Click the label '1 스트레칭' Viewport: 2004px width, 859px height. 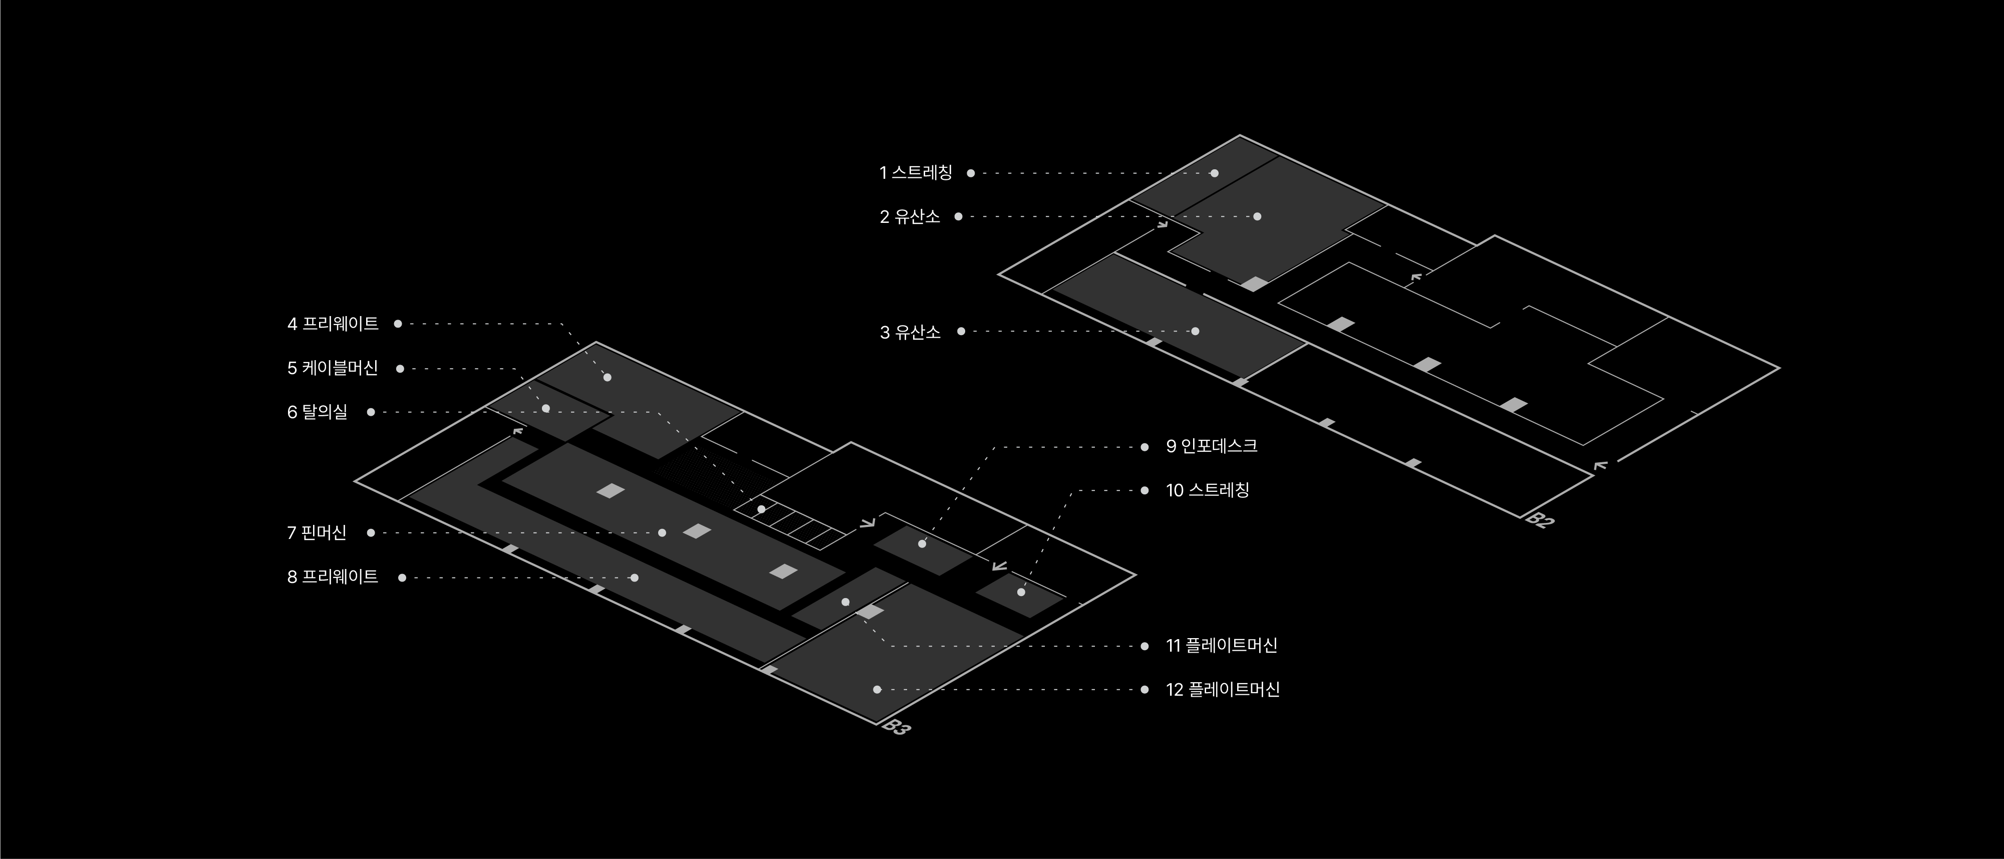coord(916,173)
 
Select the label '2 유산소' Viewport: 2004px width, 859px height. coord(910,217)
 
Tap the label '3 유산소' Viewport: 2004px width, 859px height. coord(910,332)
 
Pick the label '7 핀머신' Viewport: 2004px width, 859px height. coord(317,533)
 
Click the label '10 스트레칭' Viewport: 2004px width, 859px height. coord(1208,490)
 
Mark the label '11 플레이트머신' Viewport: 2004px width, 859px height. coord(1221,646)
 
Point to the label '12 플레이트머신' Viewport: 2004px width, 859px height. coord(1222,689)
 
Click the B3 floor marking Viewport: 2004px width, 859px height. coord(896,728)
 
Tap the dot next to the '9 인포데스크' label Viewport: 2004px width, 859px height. coord(1144,447)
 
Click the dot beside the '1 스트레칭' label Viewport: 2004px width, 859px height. coord(971,173)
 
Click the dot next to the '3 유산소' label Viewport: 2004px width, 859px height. coord(961,332)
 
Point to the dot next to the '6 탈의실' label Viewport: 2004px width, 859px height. coord(371,412)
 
